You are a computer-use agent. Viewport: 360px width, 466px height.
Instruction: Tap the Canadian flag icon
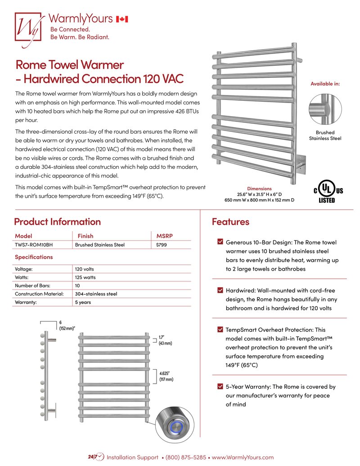122,19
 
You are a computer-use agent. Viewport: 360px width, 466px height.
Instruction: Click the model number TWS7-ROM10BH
35,245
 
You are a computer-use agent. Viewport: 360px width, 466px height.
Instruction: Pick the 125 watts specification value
85,277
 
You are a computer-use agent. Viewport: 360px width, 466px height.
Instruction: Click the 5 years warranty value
83,302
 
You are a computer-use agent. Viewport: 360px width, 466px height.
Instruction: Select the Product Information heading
57,222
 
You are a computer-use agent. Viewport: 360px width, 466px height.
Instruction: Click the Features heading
230,222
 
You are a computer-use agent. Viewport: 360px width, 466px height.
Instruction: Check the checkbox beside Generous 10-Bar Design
220,242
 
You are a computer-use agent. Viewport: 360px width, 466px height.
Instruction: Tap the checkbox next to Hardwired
220,290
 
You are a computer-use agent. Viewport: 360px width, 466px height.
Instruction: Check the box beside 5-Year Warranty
220,386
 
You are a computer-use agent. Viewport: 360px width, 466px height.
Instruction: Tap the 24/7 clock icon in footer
97,457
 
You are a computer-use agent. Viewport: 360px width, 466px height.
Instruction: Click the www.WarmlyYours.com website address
243,457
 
